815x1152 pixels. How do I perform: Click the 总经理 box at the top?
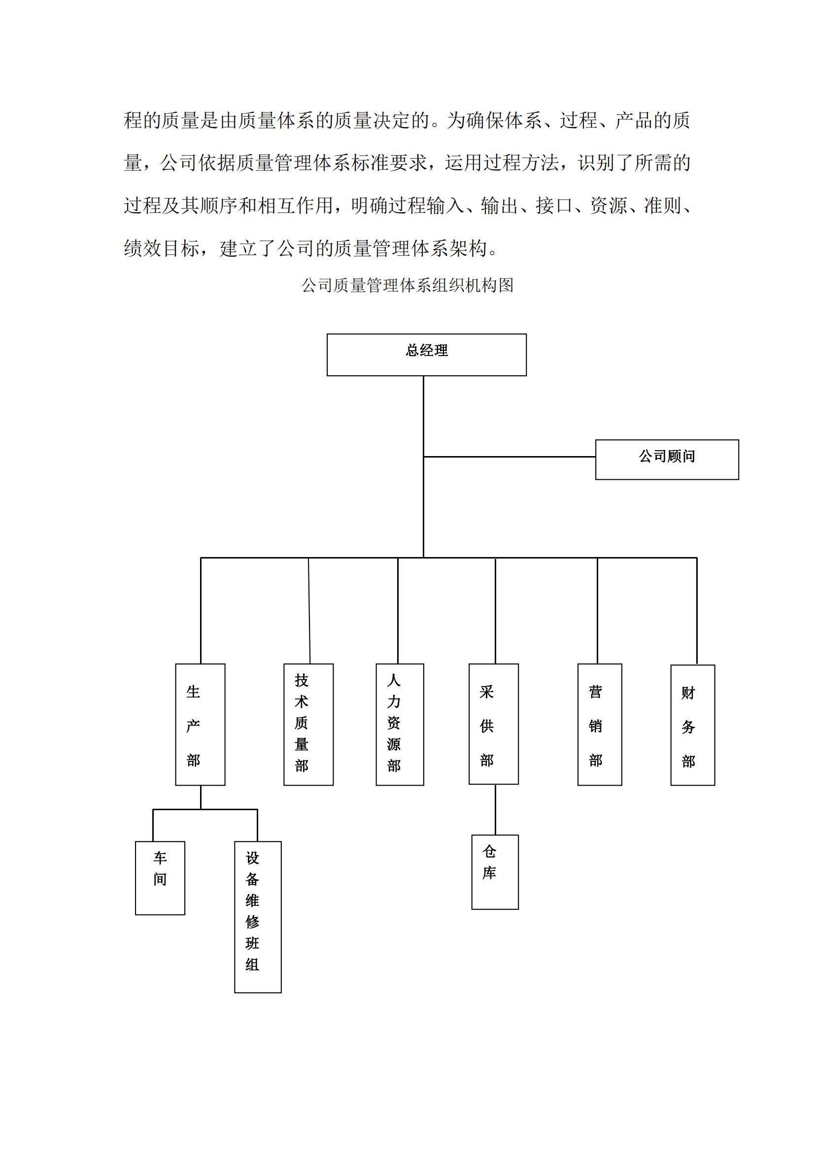[427, 355]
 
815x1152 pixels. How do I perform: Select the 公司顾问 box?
[667, 460]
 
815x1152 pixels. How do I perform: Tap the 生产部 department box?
[200, 724]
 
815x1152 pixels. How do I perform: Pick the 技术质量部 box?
[308, 724]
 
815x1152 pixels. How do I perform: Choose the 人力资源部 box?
[400, 724]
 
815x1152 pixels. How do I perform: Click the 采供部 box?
[494, 724]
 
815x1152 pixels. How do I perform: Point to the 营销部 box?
[600, 724]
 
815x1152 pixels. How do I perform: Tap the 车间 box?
[160, 878]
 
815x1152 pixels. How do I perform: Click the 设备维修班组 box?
[258, 917]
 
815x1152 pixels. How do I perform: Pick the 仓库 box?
[495, 872]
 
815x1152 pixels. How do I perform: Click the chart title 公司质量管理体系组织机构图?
[407, 286]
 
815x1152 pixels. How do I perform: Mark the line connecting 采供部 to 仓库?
[495, 810]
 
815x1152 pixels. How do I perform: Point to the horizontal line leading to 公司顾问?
[509, 457]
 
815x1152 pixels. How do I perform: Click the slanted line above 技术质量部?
[309, 611]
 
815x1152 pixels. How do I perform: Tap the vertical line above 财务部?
[697, 611]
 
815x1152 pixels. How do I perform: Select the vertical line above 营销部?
[597, 611]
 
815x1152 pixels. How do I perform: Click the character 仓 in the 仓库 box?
[489, 852]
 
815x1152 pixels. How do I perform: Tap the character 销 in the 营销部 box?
[596, 726]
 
